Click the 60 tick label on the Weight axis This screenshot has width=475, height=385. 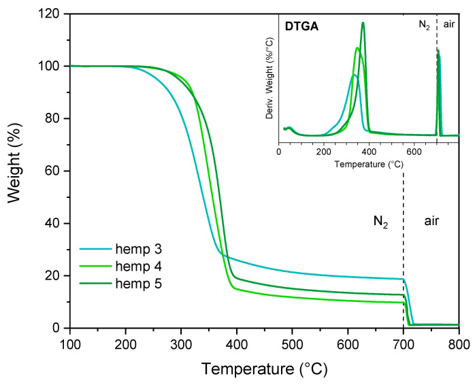pyautogui.click(x=55, y=171)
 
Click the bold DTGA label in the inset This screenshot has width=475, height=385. pyautogui.click(x=299, y=27)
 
